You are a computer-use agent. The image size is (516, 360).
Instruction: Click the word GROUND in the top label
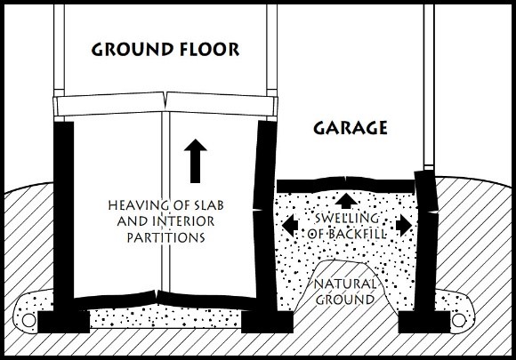(x=133, y=50)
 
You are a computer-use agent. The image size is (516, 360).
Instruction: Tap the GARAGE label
(x=351, y=128)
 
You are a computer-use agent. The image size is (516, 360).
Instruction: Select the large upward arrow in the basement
(x=196, y=161)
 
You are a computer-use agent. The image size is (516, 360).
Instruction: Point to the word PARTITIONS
(x=166, y=237)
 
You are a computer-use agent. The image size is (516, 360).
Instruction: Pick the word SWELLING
(x=347, y=218)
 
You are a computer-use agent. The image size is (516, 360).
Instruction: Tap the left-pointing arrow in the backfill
(x=290, y=226)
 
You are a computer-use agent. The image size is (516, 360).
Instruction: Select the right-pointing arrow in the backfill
(x=404, y=226)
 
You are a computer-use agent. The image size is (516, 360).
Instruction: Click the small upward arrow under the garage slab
(x=345, y=201)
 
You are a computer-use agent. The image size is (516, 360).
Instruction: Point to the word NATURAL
(x=345, y=284)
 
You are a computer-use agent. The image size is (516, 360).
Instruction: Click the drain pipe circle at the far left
(x=28, y=320)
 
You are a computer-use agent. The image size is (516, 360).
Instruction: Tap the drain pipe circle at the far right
(x=458, y=320)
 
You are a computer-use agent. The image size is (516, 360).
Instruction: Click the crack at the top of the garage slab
(x=345, y=179)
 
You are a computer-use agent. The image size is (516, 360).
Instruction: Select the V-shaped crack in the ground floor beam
(x=165, y=100)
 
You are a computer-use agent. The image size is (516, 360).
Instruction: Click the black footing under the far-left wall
(x=63, y=322)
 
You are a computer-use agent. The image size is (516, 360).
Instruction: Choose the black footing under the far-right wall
(x=424, y=322)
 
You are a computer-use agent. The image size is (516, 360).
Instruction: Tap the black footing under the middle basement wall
(x=267, y=322)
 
